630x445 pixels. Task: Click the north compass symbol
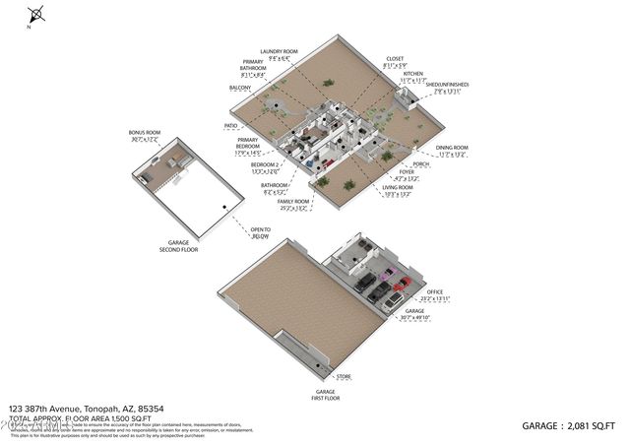(37, 15)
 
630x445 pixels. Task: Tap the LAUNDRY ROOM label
(279, 51)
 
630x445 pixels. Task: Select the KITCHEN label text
(413, 74)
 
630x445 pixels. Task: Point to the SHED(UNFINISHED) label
(448, 85)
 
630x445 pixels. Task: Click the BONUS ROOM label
(144, 132)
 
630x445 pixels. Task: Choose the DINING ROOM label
(452, 148)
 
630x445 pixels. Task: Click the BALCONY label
(240, 88)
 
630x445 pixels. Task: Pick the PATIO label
(231, 126)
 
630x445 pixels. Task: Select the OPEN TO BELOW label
(260, 233)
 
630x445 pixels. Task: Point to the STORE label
(344, 376)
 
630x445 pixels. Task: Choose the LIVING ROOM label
(398, 187)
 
